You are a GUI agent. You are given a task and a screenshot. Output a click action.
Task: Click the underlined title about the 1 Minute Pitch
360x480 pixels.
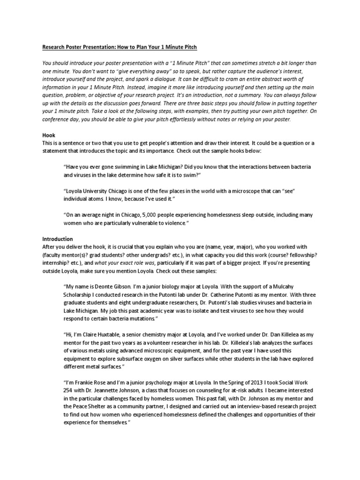coord(120,47)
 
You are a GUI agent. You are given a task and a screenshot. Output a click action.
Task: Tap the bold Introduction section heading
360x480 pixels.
coord(58,239)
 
